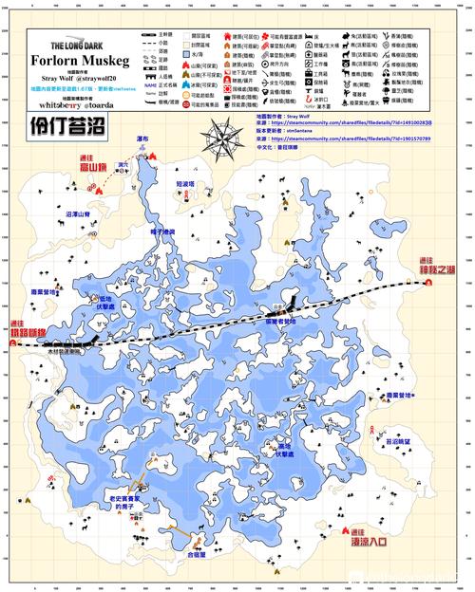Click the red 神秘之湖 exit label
438,269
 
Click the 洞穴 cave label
122,165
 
